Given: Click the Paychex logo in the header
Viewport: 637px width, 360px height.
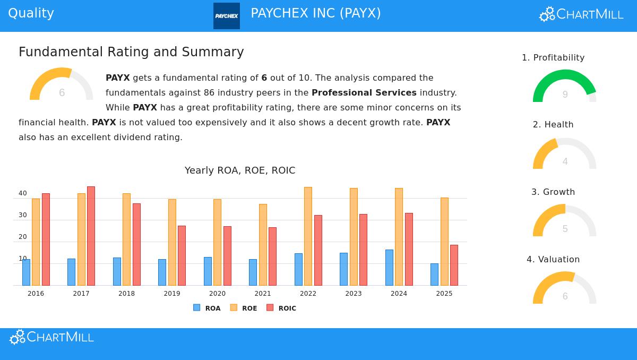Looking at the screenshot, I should coord(227,16).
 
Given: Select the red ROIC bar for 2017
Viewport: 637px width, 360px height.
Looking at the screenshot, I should coord(91,236).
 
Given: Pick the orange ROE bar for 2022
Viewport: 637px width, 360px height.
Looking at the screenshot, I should coord(308,236).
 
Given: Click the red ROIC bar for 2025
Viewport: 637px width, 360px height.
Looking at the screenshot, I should coord(454,265).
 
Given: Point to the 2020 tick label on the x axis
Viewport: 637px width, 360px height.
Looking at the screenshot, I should coord(217,294).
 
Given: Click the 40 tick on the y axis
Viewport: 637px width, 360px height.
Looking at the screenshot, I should coord(23,194).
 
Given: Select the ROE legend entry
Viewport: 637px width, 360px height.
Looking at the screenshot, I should coord(244,308).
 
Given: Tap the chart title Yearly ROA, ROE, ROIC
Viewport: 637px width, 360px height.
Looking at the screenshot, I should coord(240,170).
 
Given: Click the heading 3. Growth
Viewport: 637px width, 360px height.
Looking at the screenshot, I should coord(553,192).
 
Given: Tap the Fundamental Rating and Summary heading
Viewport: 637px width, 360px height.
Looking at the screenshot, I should coord(131,52).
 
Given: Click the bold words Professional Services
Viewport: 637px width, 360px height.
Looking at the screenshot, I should coord(364,93).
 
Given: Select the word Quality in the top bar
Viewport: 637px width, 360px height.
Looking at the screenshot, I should coord(31,13).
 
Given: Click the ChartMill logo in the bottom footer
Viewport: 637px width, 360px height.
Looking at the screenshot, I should coord(52,337).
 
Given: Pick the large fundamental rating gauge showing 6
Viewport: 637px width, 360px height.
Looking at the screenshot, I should coord(61,84).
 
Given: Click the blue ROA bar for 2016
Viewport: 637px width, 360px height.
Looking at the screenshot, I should coord(26,272).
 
